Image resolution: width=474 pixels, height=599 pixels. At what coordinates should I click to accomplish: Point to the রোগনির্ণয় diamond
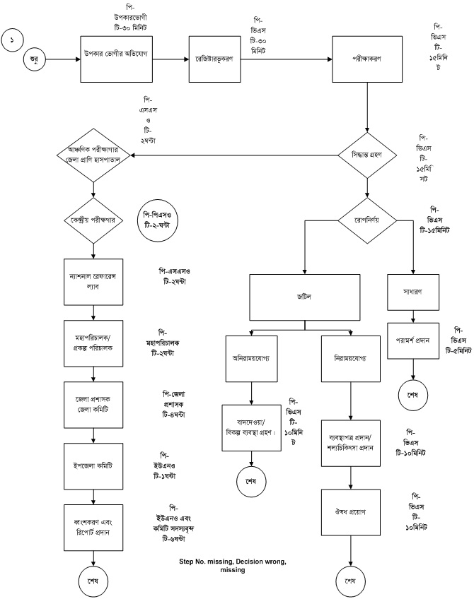click(x=366, y=220)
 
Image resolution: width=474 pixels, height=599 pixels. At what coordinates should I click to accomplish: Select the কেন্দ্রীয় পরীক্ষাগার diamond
click(x=93, y=220)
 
